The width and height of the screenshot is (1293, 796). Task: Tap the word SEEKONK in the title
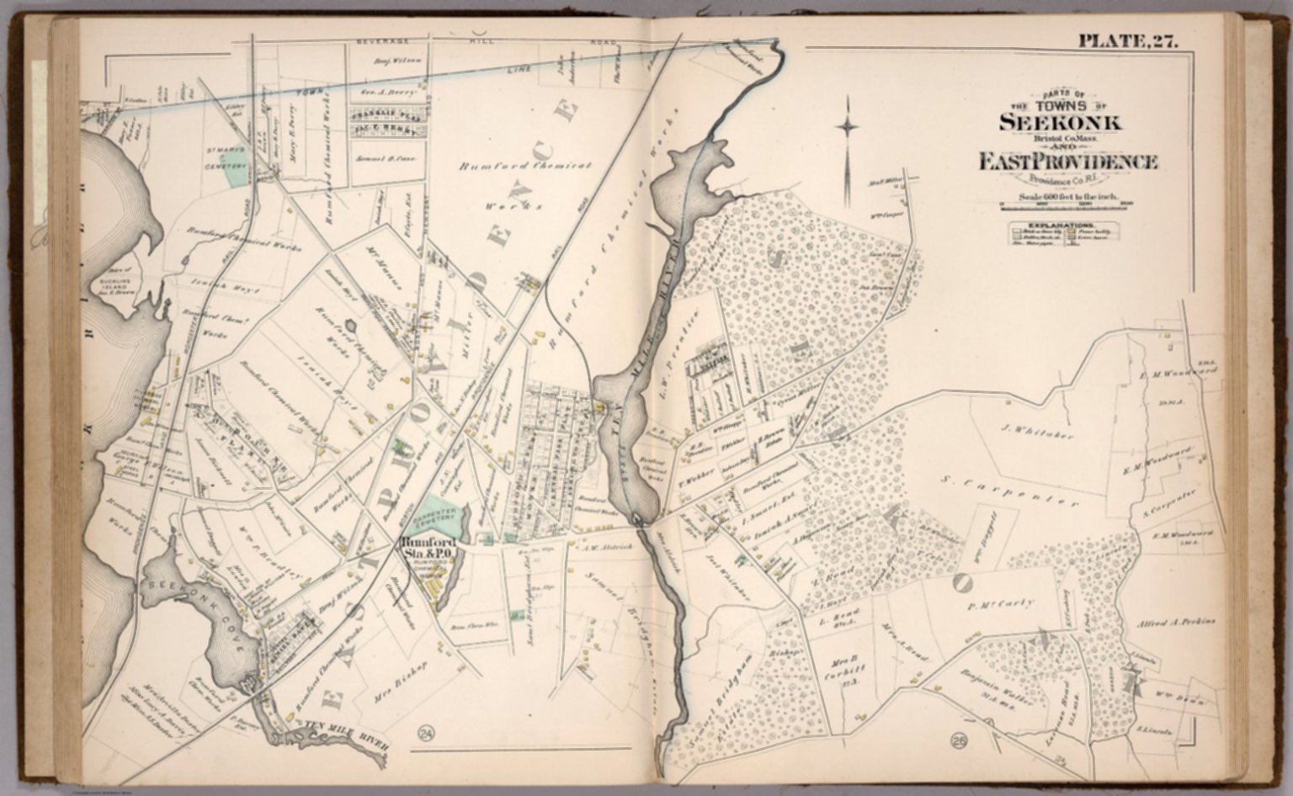click(1059, 121)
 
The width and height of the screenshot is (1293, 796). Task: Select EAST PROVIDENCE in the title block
click(1067, 162)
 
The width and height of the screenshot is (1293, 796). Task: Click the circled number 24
click(425, 738)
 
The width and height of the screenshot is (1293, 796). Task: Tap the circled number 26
click(957, 740)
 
